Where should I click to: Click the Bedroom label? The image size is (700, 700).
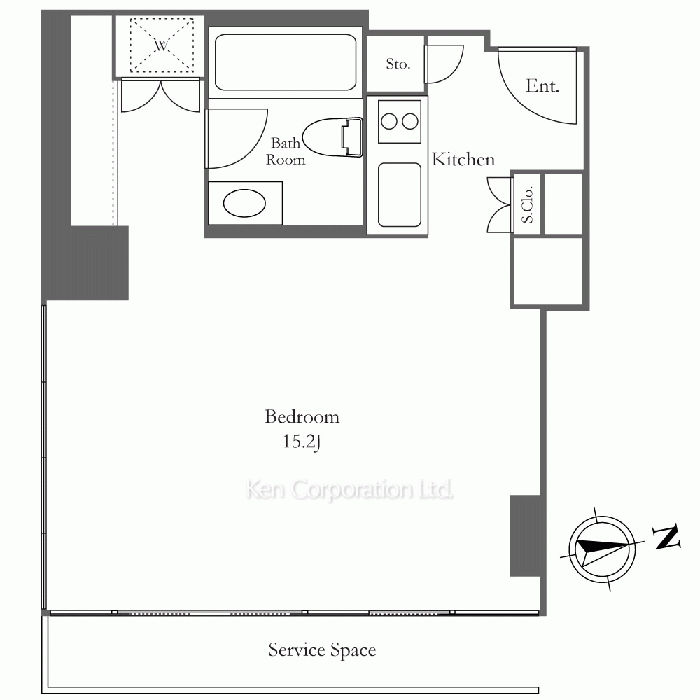pyautogui.click(x=302, y=417)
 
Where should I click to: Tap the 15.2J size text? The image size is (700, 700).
pyautogui.click(x=302, y=442)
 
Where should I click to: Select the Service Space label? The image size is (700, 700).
pyautogui.click(x=322, y=650)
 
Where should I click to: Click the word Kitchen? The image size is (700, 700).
pyautogui.click(x=463, y=160)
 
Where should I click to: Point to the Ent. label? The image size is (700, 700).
pyautogui.click(x=542, y=85)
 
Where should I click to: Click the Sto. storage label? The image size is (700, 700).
pyautogui.click(x=398, y=64)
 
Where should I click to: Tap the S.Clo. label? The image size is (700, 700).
pyautogui.click(x=527, y=204)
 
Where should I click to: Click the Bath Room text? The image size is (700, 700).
pyautogui.click(x=286, y=151)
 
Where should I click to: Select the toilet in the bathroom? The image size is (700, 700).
pyautogui.click(x=332, y=137)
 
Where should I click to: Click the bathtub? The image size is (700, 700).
pyautogui.click(x=286, y=62)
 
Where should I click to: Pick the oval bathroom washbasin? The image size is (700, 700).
pyautogui.click(x=244, y=203)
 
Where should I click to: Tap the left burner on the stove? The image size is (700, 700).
pyautogui.click(x=389, y=121)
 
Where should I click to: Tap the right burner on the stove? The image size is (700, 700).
pyautogui.click(x=409, y=121)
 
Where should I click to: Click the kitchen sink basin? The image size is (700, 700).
pyautogui.click(x=400, y=195)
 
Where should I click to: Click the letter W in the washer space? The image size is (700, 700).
pyautogui.click(x=162, y=45)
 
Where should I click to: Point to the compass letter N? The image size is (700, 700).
pyautogui.click(x=666, y=537)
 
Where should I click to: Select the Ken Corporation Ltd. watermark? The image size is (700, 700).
pyautogui.click(x=349, y=490)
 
